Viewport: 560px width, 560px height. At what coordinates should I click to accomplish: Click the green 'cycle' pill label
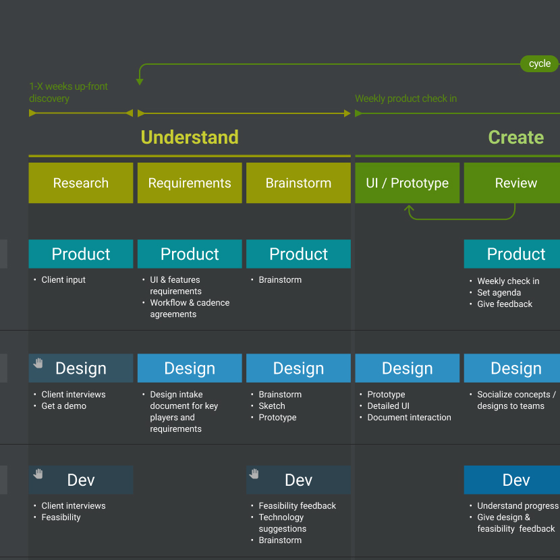[539, 63]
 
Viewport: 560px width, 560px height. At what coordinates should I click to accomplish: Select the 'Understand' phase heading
[190, 138]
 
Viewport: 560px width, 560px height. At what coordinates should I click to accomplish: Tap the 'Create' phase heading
[515, 138]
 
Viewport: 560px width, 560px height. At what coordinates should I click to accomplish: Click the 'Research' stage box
[81, 183]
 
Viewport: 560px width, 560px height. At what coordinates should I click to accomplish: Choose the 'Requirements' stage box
[190, 183]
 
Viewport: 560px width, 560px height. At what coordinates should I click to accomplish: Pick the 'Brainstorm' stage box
[298, 183]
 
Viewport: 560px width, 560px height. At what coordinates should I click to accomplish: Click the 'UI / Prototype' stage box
[407, 183]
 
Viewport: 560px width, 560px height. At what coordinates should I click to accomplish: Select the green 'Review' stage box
[515, 183]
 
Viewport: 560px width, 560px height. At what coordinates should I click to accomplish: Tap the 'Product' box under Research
[81, 254]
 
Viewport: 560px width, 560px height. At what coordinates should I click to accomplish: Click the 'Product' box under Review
[515, 254]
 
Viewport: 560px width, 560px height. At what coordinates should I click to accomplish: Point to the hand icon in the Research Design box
[38, 363]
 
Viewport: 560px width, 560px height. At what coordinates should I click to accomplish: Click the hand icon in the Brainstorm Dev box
[254, 474]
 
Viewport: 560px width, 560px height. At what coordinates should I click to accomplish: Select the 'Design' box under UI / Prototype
[407, 368]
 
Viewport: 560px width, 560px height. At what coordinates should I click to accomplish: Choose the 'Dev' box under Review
[515, 480]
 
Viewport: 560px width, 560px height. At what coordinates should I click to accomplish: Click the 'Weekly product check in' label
[406, 99]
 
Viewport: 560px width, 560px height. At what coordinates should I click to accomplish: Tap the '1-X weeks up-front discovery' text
[68, 92]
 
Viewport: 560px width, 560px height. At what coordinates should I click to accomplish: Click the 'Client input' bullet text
[63, 280]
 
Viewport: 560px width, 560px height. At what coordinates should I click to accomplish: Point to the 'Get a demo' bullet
[63, 406]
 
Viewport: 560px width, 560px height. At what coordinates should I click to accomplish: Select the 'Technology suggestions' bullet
[282, 523]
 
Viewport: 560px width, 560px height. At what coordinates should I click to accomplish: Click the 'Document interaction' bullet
[409, 418]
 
